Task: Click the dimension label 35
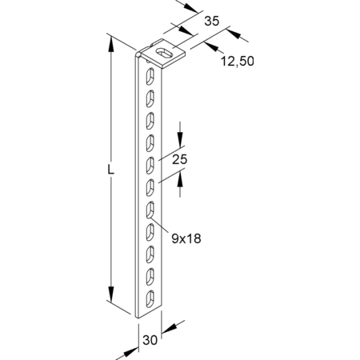click(x=212, y=21)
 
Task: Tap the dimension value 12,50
click(x=238, y=62)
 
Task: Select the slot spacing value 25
click(x=180, y=159)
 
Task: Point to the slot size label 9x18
click(x=186, y=238)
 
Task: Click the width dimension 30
click(x=150, y=340)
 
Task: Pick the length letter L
click(x=110, y=170)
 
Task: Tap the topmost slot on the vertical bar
click(x=150, y=77)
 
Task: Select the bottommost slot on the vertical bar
click(x=150, y=298)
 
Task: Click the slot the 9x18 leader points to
click(x=150, y=210)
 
